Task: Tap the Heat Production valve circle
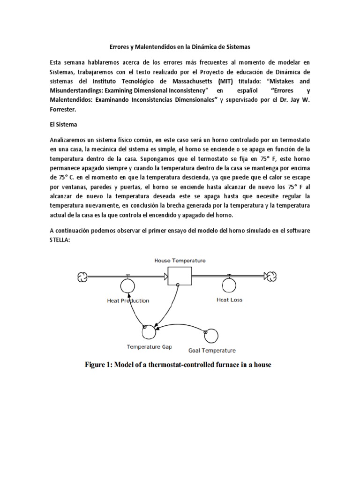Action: (x=127, y=285)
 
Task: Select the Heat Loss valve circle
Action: (x=229, y=285)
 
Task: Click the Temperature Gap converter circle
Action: (x=150, y=332)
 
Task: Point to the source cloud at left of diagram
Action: (x=82, y=277)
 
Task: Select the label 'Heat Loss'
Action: (x=229, y=300)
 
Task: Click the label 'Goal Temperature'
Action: (x=212, y=350)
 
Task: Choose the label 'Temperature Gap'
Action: (x=149, y=347)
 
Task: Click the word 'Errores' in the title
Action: (x=113, y=47)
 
